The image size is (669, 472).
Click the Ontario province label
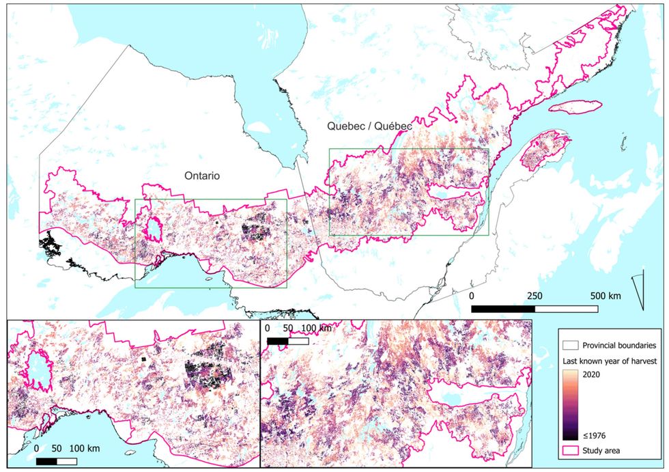point(201,176)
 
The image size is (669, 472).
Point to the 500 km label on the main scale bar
point(606,296)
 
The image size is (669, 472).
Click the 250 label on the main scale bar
point(535,296)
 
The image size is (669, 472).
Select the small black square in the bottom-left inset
point(143,359)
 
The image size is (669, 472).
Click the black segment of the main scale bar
point(503,309)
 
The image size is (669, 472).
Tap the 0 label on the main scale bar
point(472,296)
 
